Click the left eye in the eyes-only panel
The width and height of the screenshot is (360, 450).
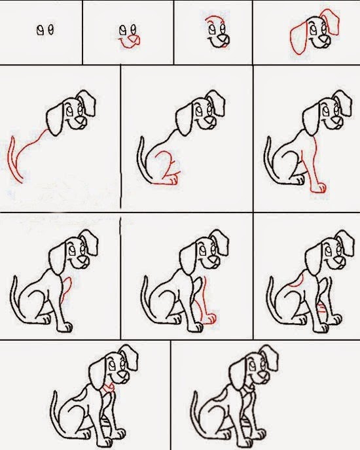pos(40,29)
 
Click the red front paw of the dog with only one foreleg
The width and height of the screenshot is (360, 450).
pos(319,189)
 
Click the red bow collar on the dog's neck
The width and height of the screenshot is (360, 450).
pos(107,387)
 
